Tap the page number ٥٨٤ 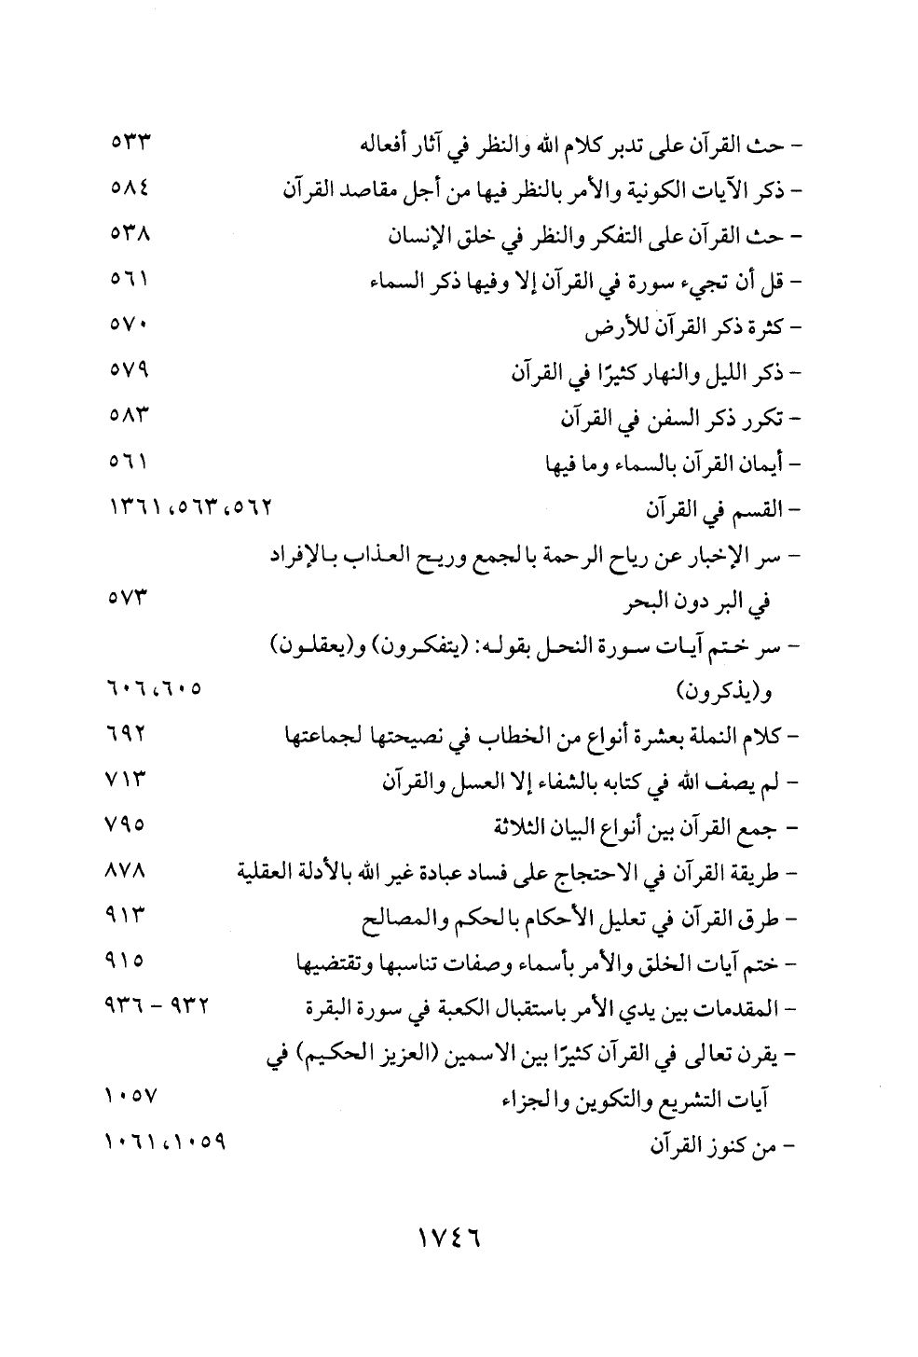[130, 190]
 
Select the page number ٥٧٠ [130, 328]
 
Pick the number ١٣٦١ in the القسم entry [131, 511]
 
